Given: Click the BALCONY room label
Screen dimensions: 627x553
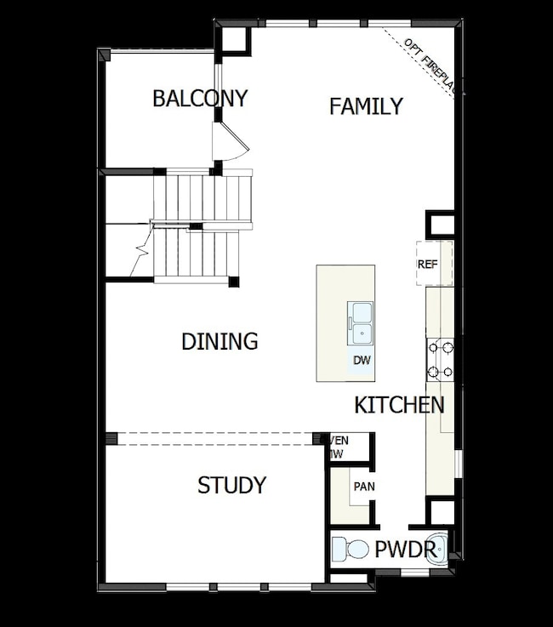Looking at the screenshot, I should point(200,99).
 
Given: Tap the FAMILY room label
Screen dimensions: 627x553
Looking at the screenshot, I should point(366,106).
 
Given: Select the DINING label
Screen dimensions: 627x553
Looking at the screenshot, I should point(219,341).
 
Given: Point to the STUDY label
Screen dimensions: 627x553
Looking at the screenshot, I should point(231,485).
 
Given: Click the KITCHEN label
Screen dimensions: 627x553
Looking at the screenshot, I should point(399,405).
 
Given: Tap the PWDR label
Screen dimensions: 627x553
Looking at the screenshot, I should point(405,549).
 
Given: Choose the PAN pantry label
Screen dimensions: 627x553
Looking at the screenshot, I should point(363,487).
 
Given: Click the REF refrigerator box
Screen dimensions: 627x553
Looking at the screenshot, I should point(427,264).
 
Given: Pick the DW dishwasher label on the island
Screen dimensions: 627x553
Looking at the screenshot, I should point(362,360).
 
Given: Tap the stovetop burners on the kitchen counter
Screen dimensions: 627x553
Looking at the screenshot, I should point(440,358).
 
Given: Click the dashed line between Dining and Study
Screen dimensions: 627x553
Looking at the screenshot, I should point(216,438).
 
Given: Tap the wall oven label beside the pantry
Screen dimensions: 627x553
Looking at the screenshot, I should point(339,447).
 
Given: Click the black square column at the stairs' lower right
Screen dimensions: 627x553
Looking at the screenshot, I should point(234,282).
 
